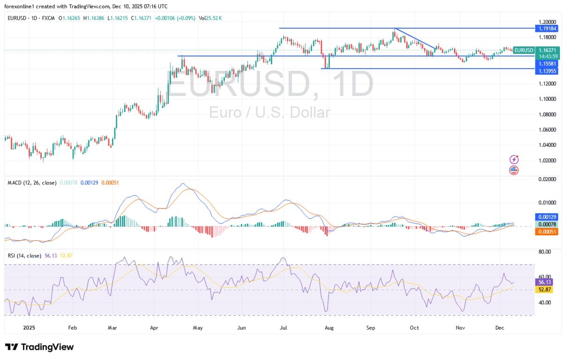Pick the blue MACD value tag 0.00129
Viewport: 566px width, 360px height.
click(547, 217)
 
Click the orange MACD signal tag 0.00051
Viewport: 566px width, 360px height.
click(547, 232)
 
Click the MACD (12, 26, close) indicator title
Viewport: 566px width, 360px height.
click(31, 182)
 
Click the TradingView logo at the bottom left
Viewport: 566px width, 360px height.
click(39, 347)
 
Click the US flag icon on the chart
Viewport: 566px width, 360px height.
click(514, 170)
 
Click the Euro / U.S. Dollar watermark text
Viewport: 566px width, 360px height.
click(269, 112)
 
